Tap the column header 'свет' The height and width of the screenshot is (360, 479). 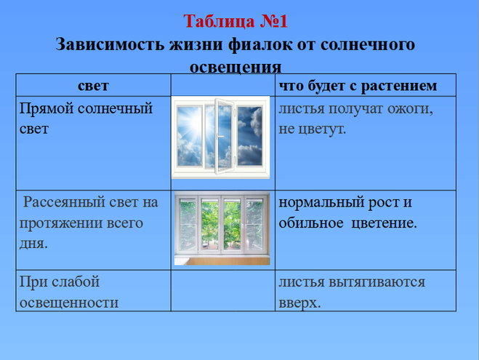92,86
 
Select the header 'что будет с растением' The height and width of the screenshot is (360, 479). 358,86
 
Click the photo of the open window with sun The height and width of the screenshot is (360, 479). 222,139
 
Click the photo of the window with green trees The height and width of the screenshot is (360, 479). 222,228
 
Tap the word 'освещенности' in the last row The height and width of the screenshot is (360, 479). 68,302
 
